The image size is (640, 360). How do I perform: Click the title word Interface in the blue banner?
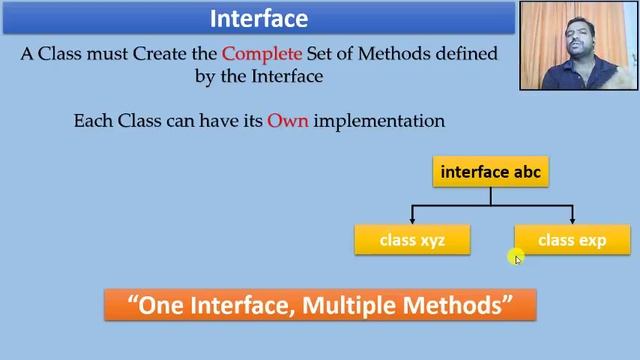coord(259,19)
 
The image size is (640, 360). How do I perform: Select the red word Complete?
coord(263,53)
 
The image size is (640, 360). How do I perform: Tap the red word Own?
coord(287,121)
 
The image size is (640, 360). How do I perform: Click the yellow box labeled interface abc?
coord(490,172)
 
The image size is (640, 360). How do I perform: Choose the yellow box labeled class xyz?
coord(412,240)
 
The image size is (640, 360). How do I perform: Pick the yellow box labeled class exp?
coord(572,240)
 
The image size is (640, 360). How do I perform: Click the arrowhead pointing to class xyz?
coord(412,219)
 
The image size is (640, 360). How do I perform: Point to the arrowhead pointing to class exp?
coord(572,219)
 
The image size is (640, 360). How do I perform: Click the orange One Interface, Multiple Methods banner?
coord(320,305)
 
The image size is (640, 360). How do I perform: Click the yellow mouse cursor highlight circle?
coord(516,258)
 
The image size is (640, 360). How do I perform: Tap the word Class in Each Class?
coord(138,121)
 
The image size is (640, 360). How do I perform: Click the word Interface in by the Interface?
coord(285,75)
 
